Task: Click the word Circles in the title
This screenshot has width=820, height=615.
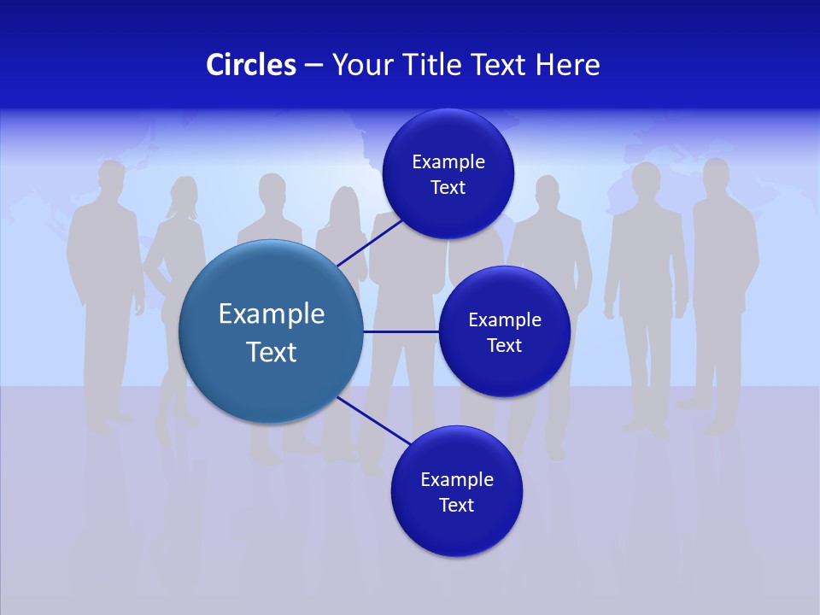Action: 251,65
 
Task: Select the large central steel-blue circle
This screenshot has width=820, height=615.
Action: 271,332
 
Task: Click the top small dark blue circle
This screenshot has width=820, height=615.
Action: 448,173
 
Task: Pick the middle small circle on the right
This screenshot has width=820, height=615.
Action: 504,331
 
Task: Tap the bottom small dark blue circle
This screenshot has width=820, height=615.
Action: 456,491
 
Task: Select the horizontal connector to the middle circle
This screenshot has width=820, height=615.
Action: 401,331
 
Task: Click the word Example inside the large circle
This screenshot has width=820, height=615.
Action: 272,314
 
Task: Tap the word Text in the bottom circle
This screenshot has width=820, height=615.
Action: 456,505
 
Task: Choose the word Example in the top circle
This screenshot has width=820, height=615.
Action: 448,161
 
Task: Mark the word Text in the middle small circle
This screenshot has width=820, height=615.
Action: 504,345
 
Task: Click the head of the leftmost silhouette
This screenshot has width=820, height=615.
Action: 111,180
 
